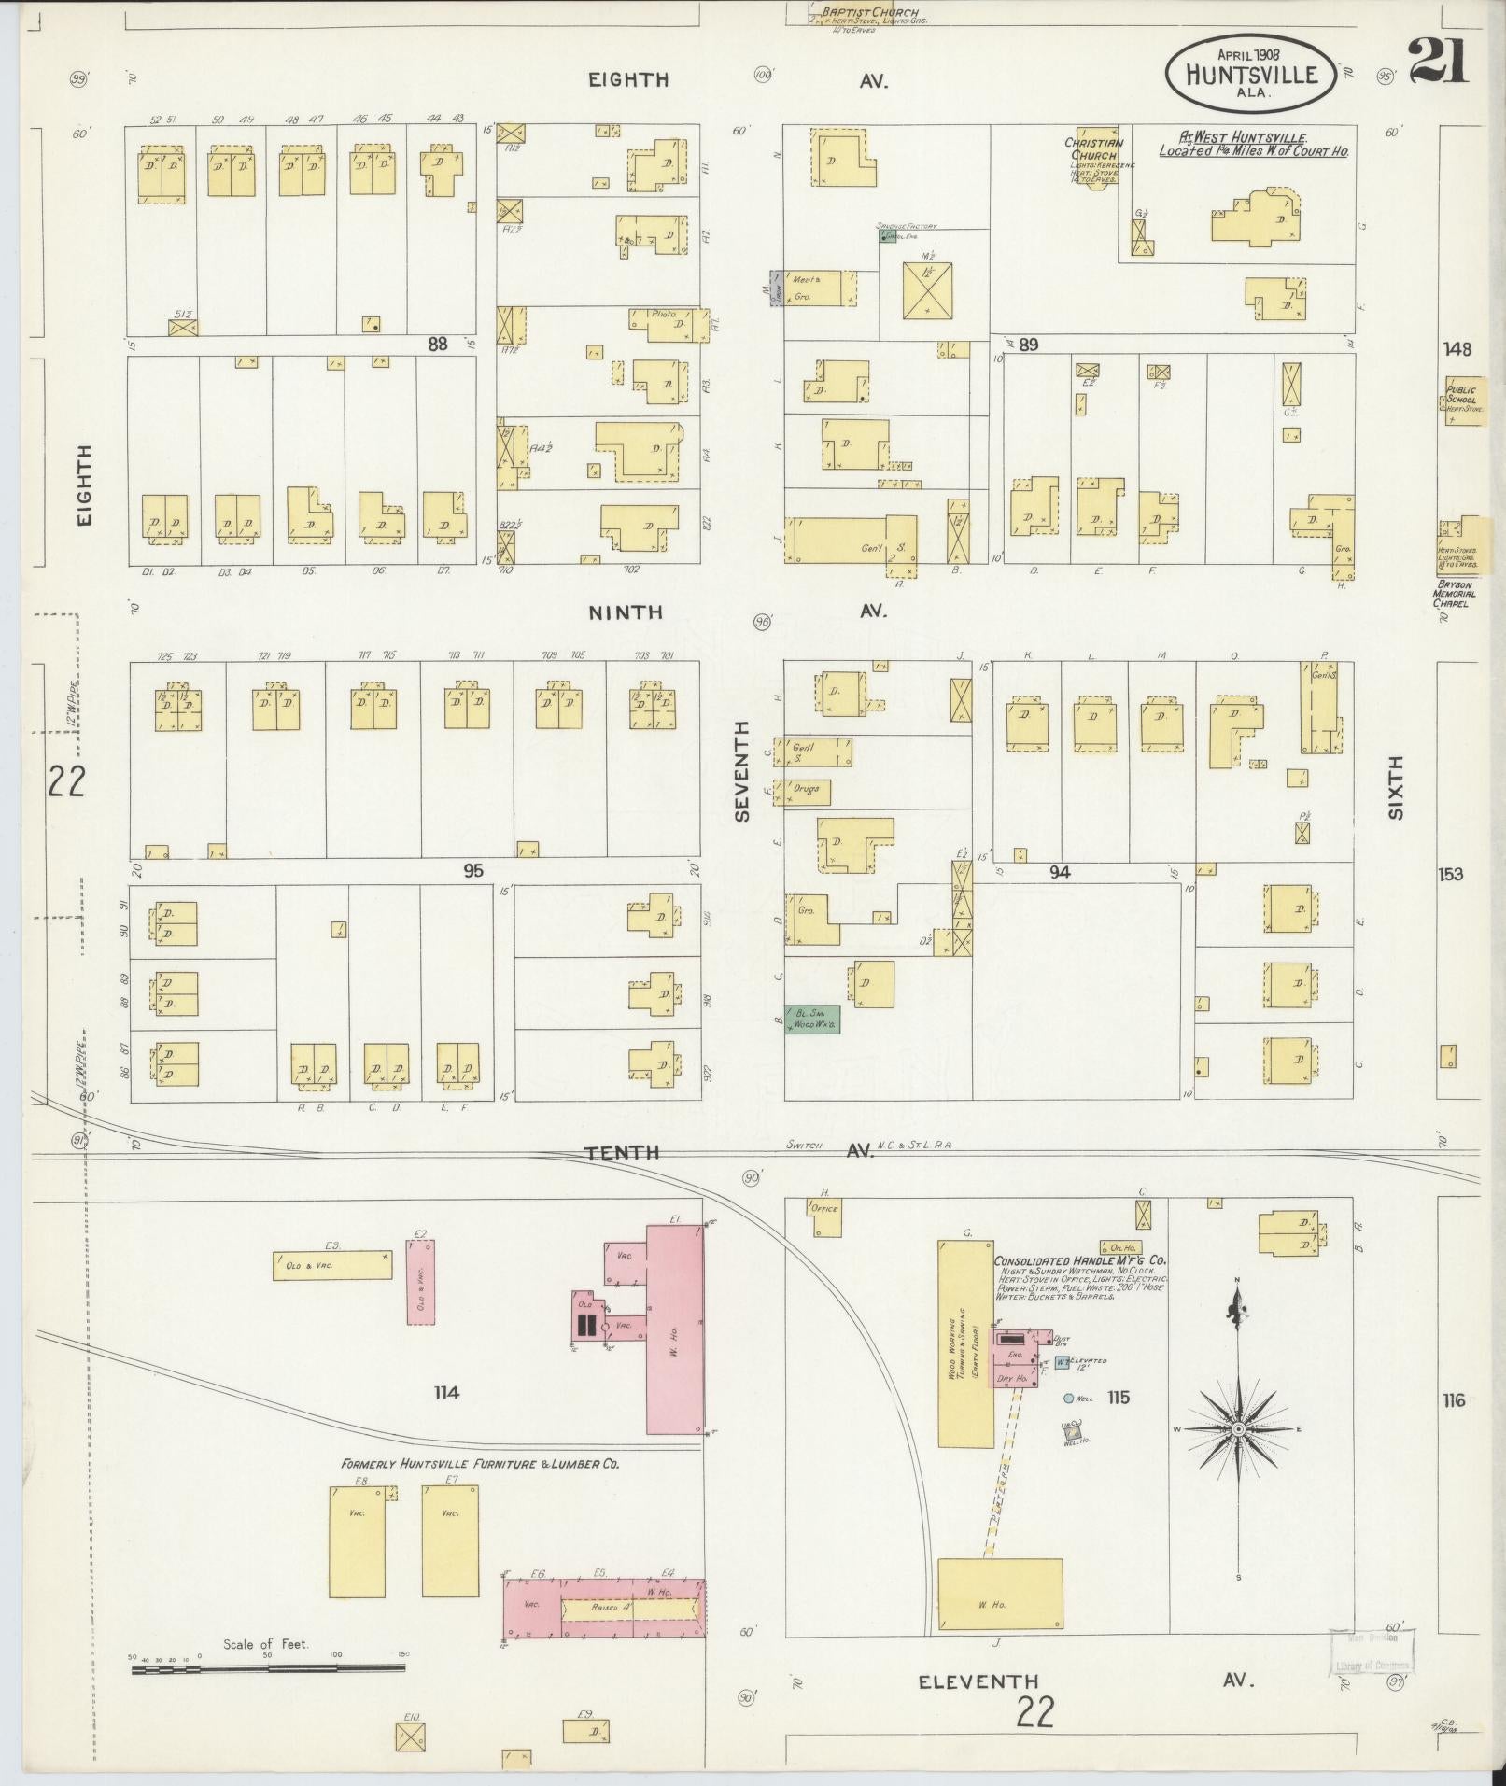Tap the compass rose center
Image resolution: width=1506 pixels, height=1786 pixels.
click(1238, 1429)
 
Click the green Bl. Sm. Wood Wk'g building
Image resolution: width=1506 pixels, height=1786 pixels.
click(812, 1019)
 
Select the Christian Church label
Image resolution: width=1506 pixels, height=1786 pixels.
click(1093, 149)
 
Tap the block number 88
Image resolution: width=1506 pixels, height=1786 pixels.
click(437, 344)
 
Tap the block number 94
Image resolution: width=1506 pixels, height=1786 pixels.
click(1059, 872)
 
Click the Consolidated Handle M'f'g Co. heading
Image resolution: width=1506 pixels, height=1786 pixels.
click(1079, 1259)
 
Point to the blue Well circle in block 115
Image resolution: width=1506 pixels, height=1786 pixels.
click(1068, 1398)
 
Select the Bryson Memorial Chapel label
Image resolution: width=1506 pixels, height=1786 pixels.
click(1455, 594)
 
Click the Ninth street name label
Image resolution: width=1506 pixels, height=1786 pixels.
click(625, 612)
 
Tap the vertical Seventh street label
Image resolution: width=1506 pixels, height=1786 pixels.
click(742, 770)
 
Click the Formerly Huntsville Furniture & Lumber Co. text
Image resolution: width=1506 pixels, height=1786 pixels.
click(480, 1464)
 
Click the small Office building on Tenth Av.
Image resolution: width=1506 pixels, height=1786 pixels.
click(824, 1209)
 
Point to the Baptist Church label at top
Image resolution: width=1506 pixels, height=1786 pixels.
click(869, 13)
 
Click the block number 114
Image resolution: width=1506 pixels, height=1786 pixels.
click(446, 1393)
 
